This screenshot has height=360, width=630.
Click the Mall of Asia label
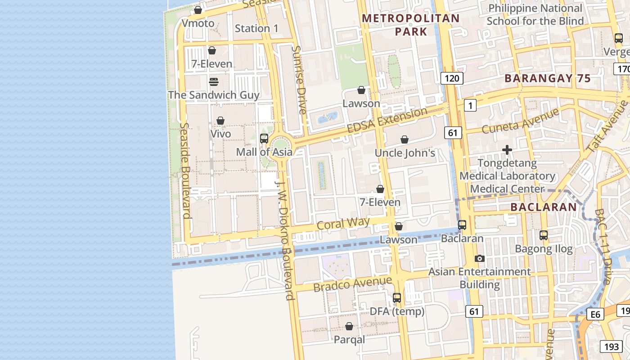pyautogui.click(x=264, y=152)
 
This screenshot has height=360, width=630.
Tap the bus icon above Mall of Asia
pyautogui.click(x=264, y=139)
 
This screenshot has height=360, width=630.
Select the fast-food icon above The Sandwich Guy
pyautogui.click(x=214, y=82)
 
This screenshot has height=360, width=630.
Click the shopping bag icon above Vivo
pyautogui.click(x=220, y=121)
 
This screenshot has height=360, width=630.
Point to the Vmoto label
pyautogui.click(x=198, y=23)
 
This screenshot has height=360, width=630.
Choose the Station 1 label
pyautogui.click(x=256, y=28)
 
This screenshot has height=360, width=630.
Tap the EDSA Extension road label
pyautogui.click(x=387, y=120)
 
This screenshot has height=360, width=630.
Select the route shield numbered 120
pyautogui.click(x=451, y=78)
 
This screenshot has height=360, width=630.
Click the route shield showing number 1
pyautogui.click(x=470, y=106)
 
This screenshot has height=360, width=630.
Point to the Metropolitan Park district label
pyautogui.click(x=411, y=25)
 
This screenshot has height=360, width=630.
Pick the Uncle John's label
pyautogui.click(x=405, y=153)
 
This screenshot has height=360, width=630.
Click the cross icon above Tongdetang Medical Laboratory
pyautogui.click(x=507, y=150)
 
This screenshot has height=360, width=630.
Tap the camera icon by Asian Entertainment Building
pyautogui.click(x=480, y=258)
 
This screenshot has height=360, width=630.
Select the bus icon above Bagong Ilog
pyautogui.click(x=544, y=235)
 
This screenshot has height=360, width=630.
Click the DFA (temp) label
pyautogui.click(x=397, y=311)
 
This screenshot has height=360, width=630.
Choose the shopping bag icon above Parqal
pyautogui.click(x=349, y=326)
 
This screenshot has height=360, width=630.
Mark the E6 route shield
pyautogui.click(x=595, y=314)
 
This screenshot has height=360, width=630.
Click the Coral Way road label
pyautogui.click(x=343, y=223)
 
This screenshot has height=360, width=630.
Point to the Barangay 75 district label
pyautogui.click(x=547, y=78)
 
